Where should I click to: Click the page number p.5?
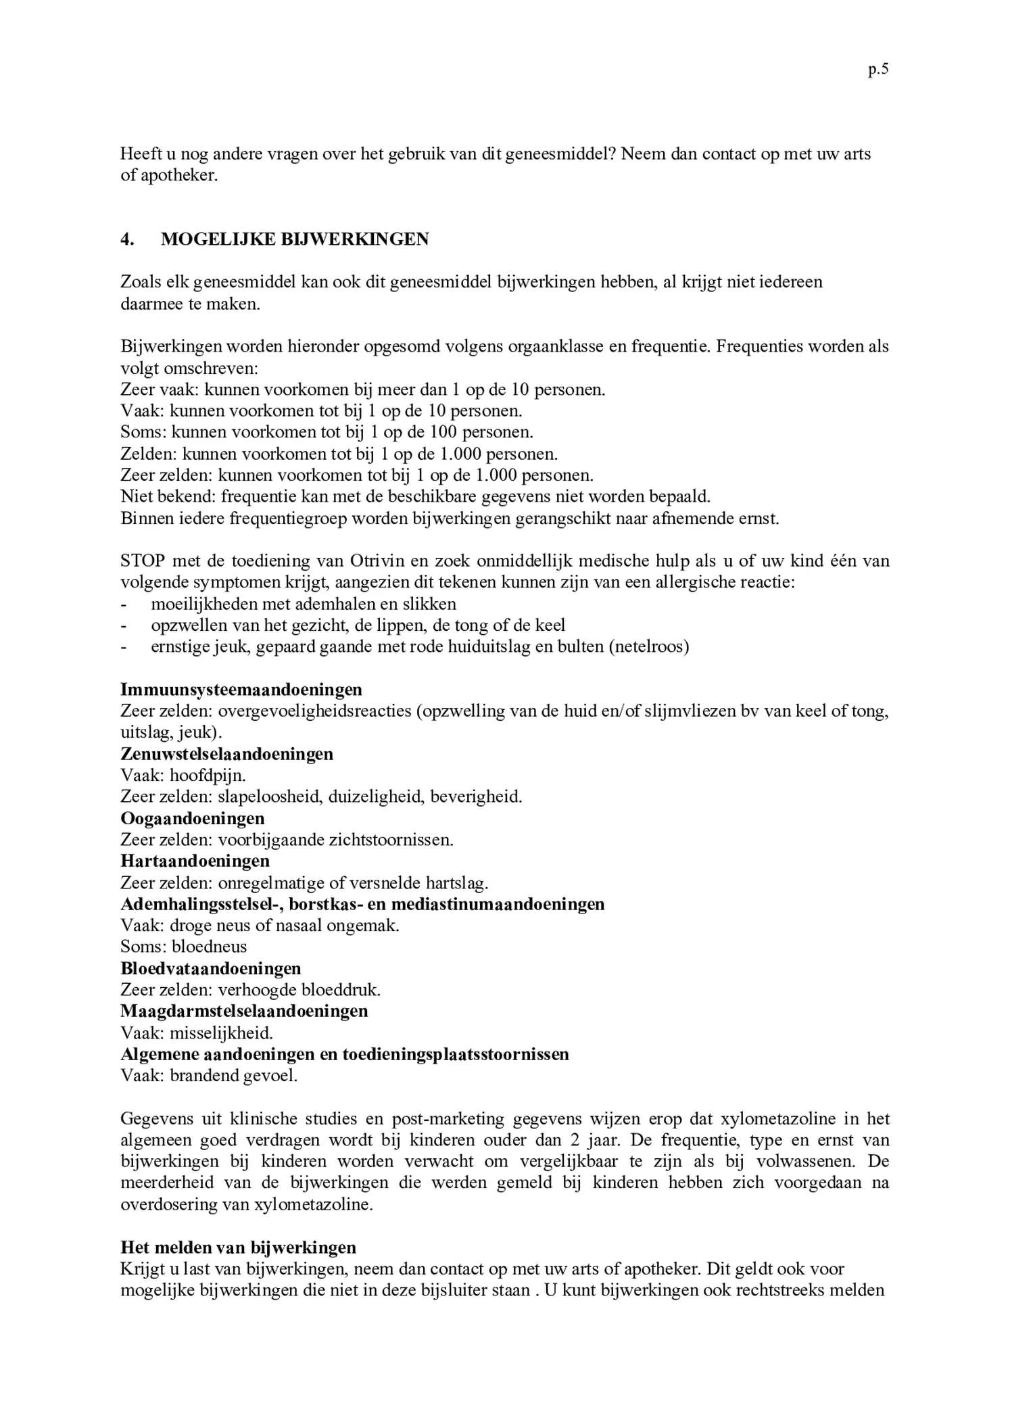tap(877, 70)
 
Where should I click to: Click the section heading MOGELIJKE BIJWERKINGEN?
tap(295, 239)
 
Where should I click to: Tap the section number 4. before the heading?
tap(126, 239)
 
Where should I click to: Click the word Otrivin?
tap(375, 561)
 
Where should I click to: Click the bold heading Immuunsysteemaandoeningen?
tap(241, 690)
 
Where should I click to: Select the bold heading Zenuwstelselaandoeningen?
tap(227, 754)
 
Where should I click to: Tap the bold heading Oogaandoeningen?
tap(193, 819)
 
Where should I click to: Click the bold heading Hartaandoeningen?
tap(195, 861)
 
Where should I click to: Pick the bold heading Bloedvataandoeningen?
tap(211, 969)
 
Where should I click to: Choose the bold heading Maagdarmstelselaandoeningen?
tap(244, 1011)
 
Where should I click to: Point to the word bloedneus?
tap(209, 947)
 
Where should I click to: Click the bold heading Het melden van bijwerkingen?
tap(238, 1247)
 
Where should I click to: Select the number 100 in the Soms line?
tap(443, 432)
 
